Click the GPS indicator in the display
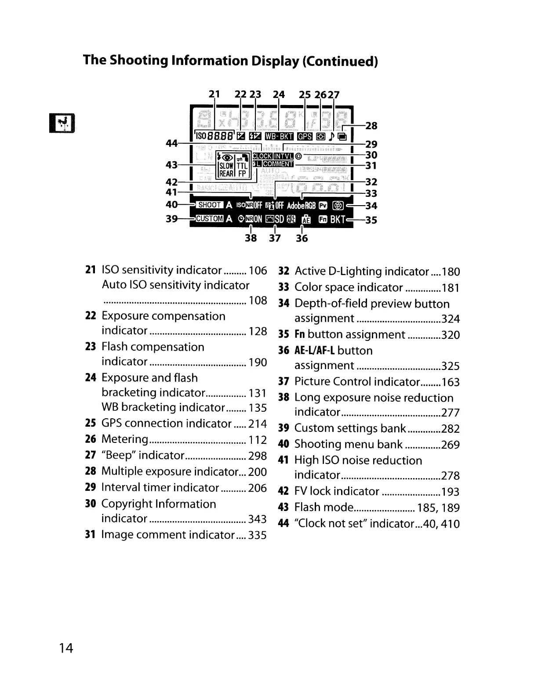click(x=305, y=136)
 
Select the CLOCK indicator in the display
click(x=262, y=156)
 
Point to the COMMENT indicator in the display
click(x=278, y=164)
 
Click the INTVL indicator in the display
click(x=284, y=156)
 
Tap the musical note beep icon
click(x=332, y=136)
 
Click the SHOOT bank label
click(x=210, y=205)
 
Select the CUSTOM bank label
click(x=210, y=219)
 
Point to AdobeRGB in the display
click(x=302, y=205)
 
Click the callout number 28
click(x=371, y=126)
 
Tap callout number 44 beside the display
click(x=171, y=143)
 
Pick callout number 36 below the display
click(x=302, y=239)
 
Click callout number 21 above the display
click(x=214, y=94)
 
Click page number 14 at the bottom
click(x=66, y=648)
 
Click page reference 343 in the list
click(x=258, y=519)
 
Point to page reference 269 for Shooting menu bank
click(x=451, y=445)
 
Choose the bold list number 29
click(x=91, y=488)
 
